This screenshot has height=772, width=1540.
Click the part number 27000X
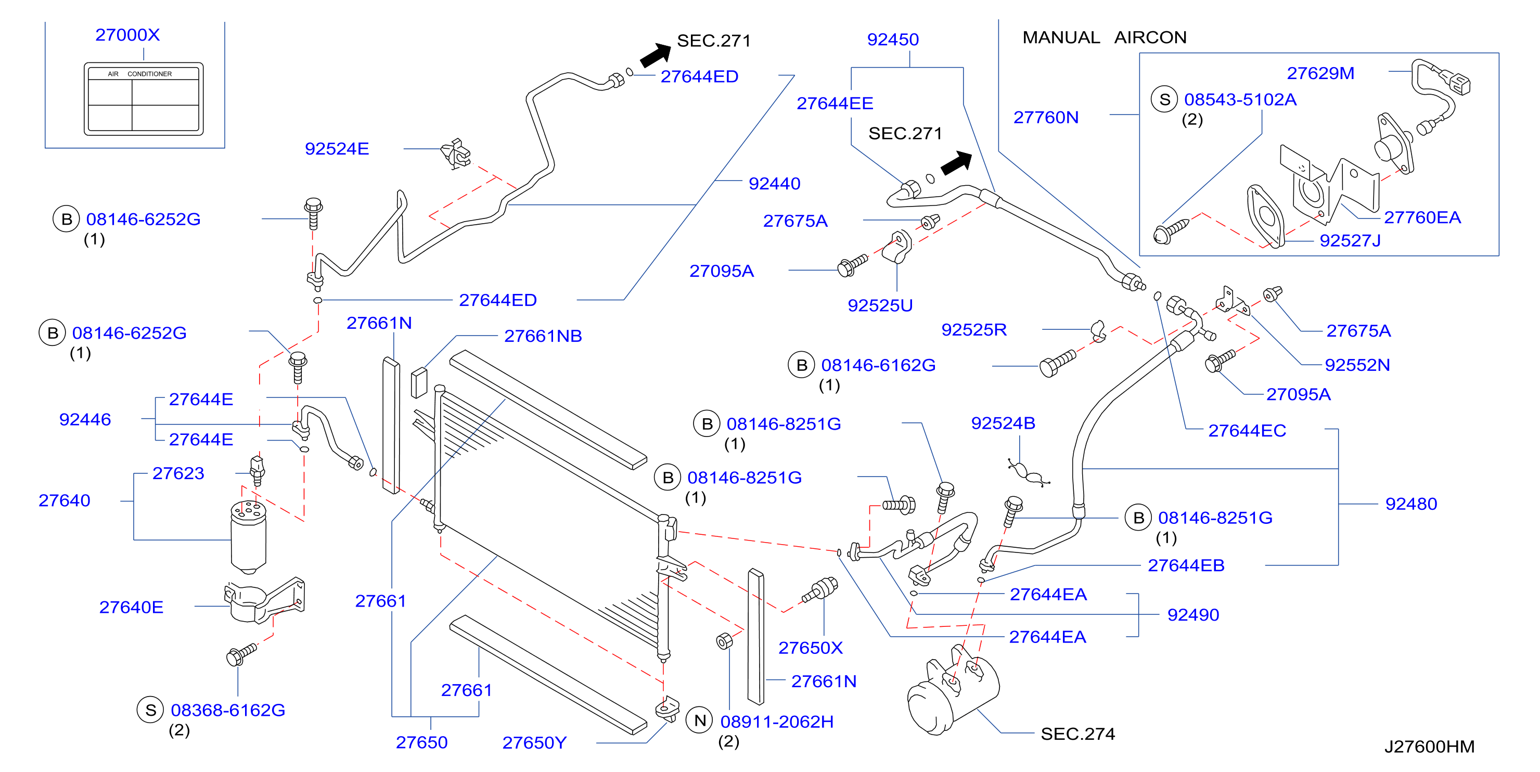pos(127,35)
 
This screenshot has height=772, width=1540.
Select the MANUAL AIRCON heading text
pos(1104,37)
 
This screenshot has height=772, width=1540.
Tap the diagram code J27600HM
pos(1429,747)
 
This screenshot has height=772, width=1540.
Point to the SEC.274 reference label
pos(1077,734)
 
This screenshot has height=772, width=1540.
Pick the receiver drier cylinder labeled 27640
pos(248,537)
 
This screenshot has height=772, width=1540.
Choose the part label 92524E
pos(337,148)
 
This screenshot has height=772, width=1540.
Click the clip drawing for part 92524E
pos(456,153)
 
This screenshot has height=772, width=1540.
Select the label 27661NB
pos(543,336)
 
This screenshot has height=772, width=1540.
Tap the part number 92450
pos(893,40)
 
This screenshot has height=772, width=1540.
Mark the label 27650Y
pos(534,742)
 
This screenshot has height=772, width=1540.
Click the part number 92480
pos(1411,504)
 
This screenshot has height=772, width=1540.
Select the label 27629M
pos(1320,73)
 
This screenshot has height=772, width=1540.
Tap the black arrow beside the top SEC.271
pos(656,55)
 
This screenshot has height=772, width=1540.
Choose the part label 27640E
pos(131,607)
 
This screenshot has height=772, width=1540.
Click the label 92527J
pos(1350,240)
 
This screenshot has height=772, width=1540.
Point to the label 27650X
pos(810,648)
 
